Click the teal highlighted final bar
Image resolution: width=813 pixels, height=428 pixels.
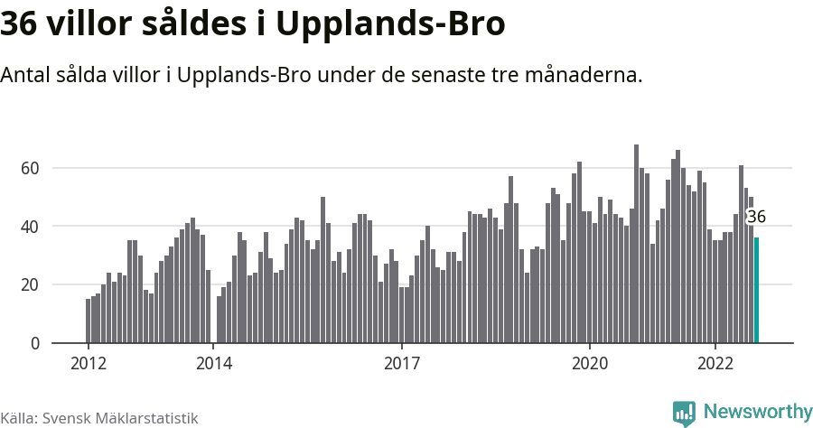(x=757, y=290)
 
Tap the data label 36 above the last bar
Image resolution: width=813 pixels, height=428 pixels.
(x=756, y=217)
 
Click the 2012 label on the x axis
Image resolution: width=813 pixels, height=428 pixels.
(x=88, y=364)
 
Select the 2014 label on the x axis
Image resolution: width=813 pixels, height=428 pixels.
(x=213, y=364)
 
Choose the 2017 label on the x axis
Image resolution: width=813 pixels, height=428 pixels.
(x=401, y=364)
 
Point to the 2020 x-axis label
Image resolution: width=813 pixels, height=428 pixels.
(x=590, y=364)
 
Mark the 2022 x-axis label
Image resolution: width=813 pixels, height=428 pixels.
(x=715, y=364)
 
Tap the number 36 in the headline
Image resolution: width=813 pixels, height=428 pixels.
(x=20, y=24)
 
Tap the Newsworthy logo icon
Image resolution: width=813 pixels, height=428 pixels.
(x=684, y=413)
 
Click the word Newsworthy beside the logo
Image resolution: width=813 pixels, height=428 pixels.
(x=757, y=412)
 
